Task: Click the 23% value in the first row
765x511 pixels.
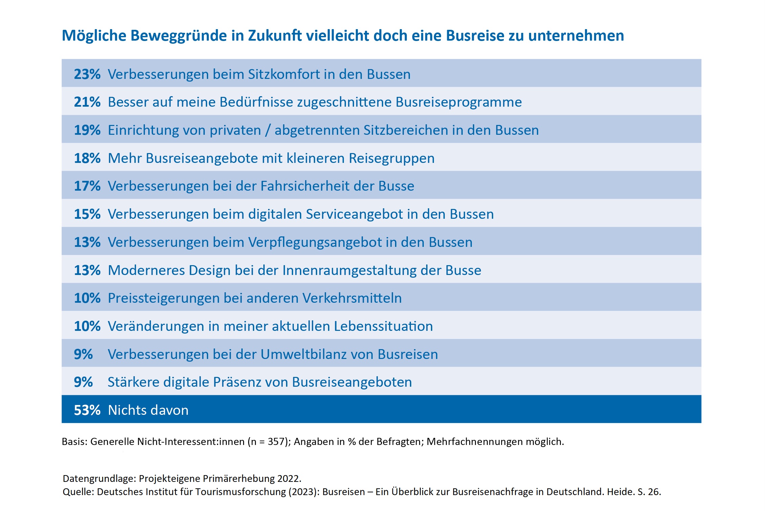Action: (87, 74)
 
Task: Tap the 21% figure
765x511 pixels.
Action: (87, 102)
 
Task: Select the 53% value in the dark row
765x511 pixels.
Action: (87, 410)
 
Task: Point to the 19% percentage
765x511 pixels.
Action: (87, 130)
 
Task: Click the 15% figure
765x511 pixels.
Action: (87, 214)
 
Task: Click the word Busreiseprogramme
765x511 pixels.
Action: (459, 102)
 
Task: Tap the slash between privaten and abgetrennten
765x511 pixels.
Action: (268, 130)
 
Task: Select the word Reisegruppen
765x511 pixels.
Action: (392, 158)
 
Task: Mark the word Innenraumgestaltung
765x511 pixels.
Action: (349, 270)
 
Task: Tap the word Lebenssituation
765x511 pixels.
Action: (383, 326)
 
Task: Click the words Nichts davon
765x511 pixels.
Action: (148, 410)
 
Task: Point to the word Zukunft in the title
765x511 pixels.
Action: (275, 36)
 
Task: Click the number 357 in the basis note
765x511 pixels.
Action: (276, 442)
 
